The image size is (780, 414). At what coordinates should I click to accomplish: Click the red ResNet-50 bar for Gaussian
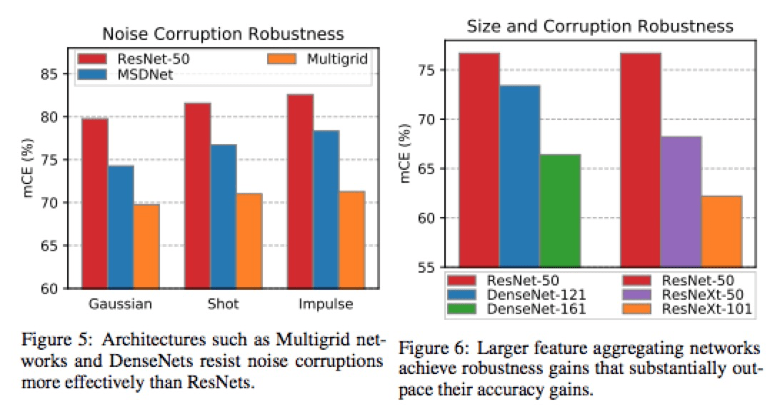coord(94,203)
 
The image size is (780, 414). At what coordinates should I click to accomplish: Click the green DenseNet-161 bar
coord(560,211)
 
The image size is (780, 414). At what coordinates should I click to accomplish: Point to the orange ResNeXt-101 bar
coord(721,231)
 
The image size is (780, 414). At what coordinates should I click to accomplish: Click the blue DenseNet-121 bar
coord(519,176)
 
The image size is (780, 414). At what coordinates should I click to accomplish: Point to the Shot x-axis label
coord(224,304)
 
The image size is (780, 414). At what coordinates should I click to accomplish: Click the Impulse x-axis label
coord(326,304)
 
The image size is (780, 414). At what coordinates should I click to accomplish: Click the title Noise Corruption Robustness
coord(224,33)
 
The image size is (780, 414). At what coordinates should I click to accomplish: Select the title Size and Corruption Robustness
coord(600,26)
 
